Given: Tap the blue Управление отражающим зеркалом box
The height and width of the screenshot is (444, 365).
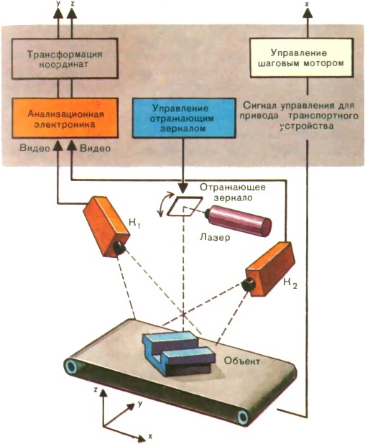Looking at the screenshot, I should [x=177, y=119].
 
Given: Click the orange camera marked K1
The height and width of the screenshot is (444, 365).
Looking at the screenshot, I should [x=104, y=225].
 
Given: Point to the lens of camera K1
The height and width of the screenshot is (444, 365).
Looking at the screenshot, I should [x=116, y=249].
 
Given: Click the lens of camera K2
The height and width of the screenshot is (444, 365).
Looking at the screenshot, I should [x=249, y=285].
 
